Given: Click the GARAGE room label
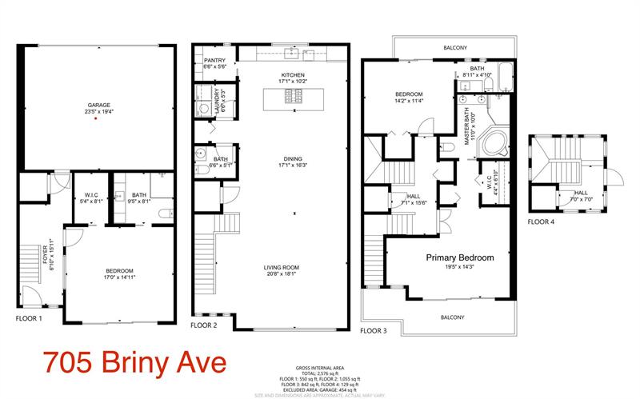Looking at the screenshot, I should (95, 105).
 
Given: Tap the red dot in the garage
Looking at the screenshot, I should (95, 118).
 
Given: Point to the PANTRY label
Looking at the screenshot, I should (214, 61).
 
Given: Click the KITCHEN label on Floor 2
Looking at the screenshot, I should (294, 75).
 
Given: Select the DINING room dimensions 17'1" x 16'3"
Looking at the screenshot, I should (294, 166).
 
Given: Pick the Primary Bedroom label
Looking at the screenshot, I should (459, 257).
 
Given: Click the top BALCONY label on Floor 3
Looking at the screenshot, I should (455, 49).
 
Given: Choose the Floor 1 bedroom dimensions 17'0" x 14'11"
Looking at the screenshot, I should (119, 280).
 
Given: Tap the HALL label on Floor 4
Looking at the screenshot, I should (580, 192).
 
